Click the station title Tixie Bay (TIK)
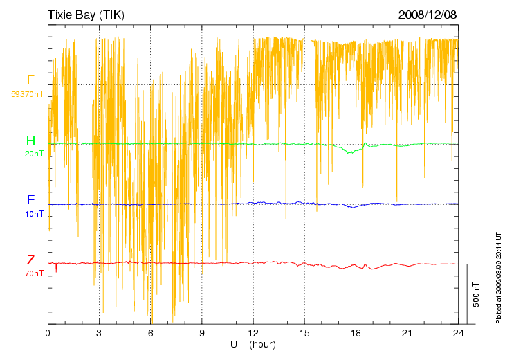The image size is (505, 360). tap(86, 15)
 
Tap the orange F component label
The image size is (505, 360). tap(30, 81)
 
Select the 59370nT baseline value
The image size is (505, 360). tap(28, 93)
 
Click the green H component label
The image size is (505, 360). tap(30, 141)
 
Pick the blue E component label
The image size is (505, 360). tap(30, 200)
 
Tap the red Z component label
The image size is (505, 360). tap(30, 260)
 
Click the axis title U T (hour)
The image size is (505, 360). tap(253, 344)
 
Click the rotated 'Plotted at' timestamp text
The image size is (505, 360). tap(498, 277)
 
